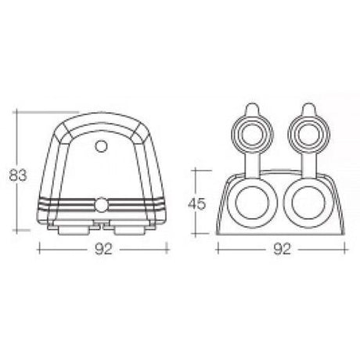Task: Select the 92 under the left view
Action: click(x=103, y=250)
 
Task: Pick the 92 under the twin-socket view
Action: click(x=283, y=250)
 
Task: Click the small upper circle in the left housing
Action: click(x=101, y=146)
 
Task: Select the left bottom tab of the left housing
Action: click(x=75, y=231)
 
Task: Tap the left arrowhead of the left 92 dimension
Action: click(x=39, y=250)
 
